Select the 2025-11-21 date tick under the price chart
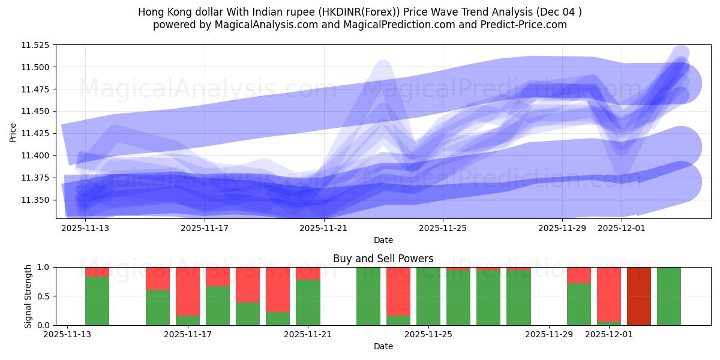pyautogui.click(x=324, y=228)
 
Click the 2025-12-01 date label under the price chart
pyautogui.click(x=622, y=228)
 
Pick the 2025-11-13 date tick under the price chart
pyautogui.click(x=85, y=228)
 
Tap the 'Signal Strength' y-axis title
pyautogui.click(x=28, y=296)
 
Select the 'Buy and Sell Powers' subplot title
pyautogui.click(x=383, y=259)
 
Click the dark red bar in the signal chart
pyautogui.click(x=638, y=296)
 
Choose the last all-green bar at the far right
pyautogui.click(x=668, y=296)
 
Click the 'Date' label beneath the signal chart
pyautogui.click(x=383, y=346)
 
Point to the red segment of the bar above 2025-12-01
pyautogui.click(x=608, y=294)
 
